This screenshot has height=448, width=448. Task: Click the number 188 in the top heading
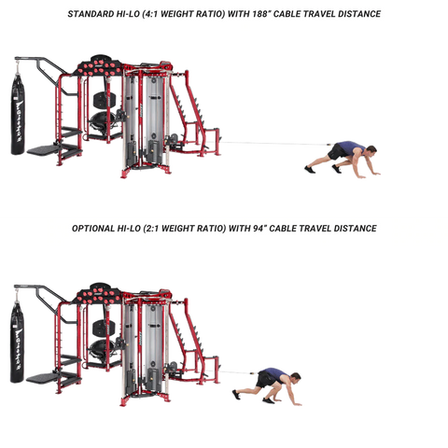260,14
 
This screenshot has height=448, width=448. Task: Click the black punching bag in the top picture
18,114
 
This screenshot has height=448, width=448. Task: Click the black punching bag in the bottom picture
17,342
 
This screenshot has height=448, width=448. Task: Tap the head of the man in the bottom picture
295,378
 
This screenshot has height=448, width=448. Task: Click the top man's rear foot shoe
310,170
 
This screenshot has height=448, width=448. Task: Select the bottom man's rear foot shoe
236,395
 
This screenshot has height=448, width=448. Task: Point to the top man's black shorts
336,152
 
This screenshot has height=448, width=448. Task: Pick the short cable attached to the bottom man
237,371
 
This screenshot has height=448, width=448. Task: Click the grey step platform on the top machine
43,150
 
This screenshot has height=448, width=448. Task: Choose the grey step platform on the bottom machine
42,378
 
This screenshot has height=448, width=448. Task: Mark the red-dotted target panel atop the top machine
99,68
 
